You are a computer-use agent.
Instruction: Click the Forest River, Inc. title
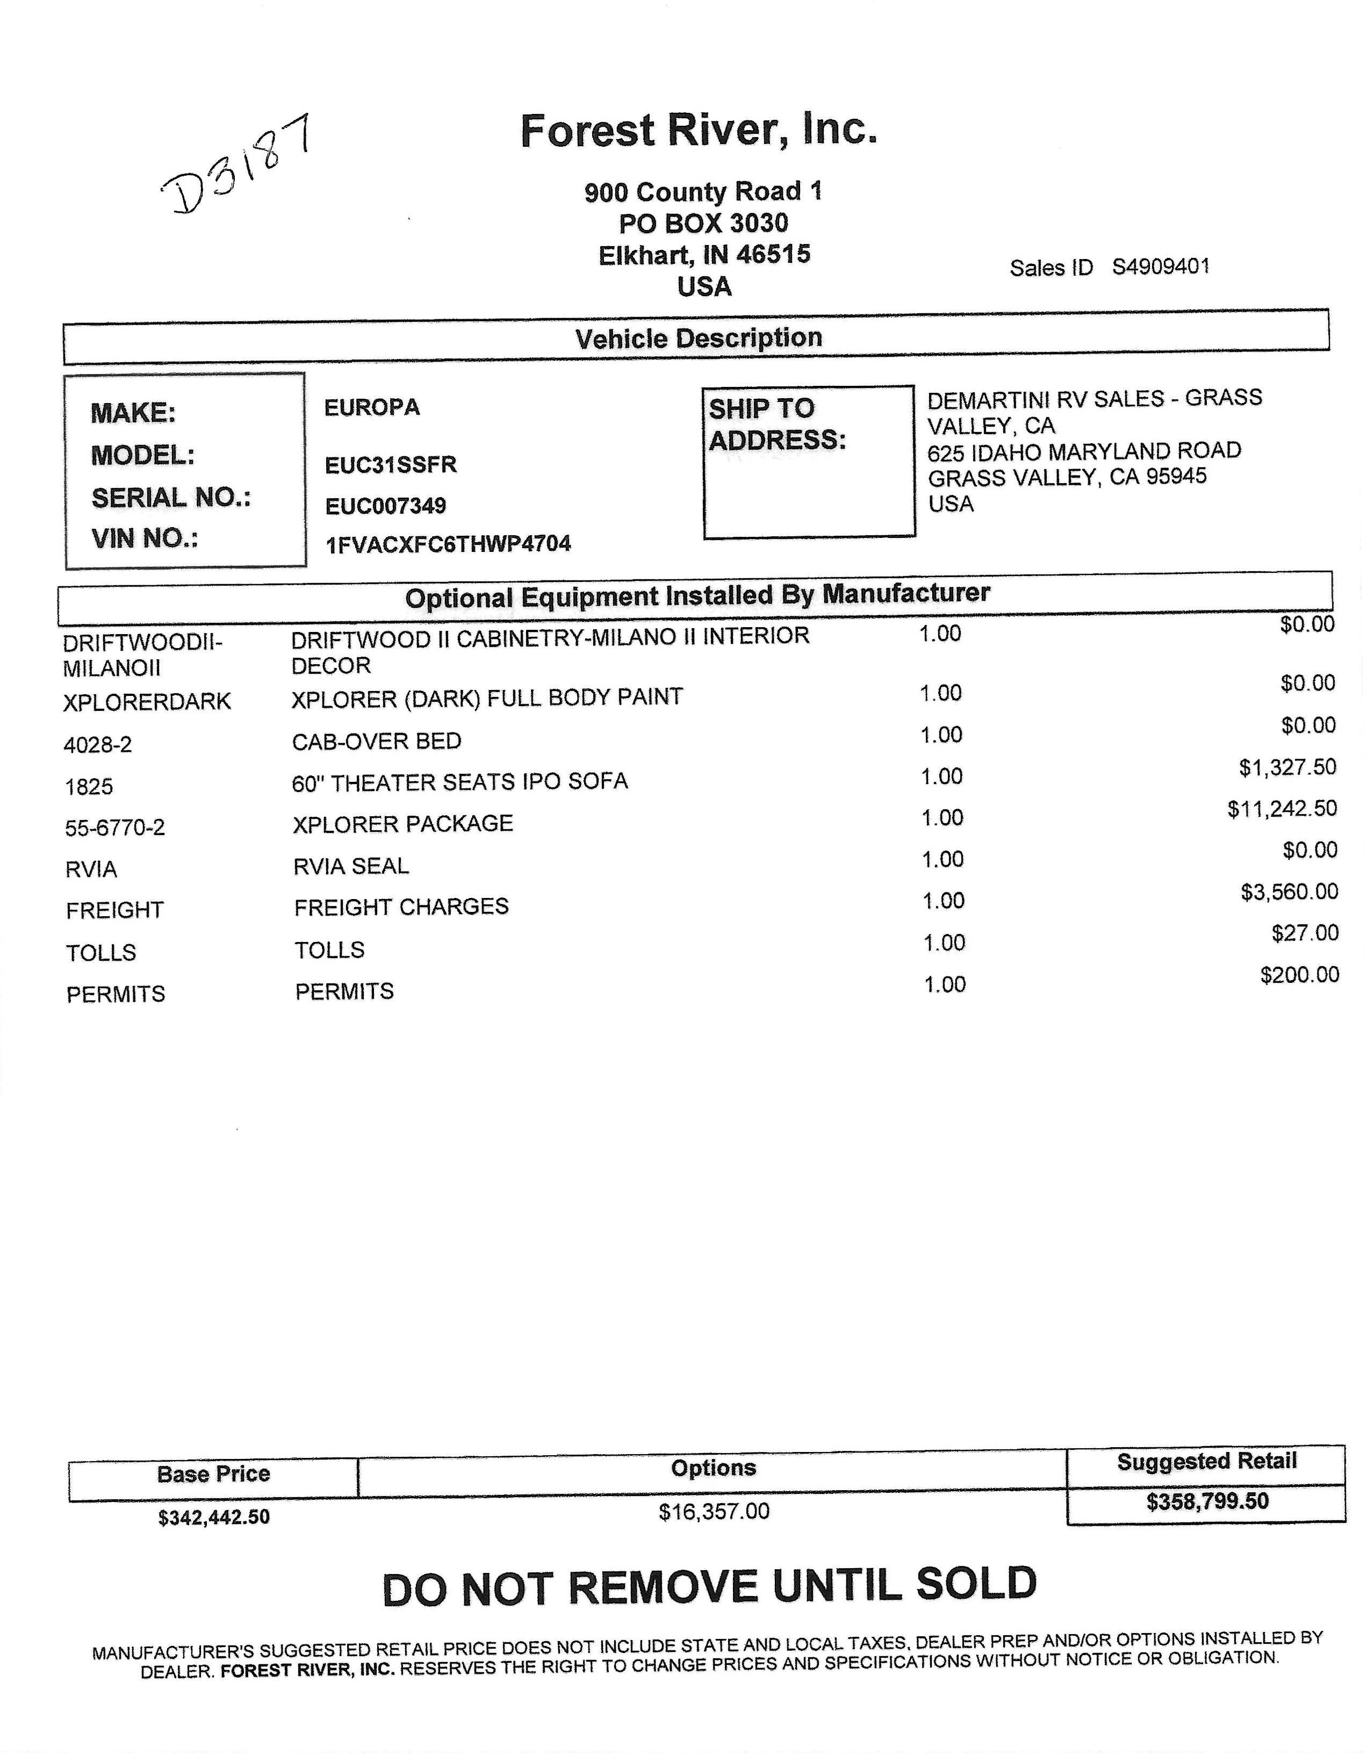tap(698, 130)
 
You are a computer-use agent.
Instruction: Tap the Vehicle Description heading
tap(698, 338)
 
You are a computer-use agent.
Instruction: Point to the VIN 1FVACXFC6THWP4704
tap(448, 544)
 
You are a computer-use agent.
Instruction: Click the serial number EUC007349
tap(385, 506)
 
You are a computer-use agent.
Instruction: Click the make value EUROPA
tap(372, 407)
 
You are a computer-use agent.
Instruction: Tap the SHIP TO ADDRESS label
tap(776, 424)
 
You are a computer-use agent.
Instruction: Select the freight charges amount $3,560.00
tap(1289, 892)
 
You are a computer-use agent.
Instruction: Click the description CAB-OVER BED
tap(377, 741)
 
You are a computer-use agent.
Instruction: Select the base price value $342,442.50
tap(214, 1517)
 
